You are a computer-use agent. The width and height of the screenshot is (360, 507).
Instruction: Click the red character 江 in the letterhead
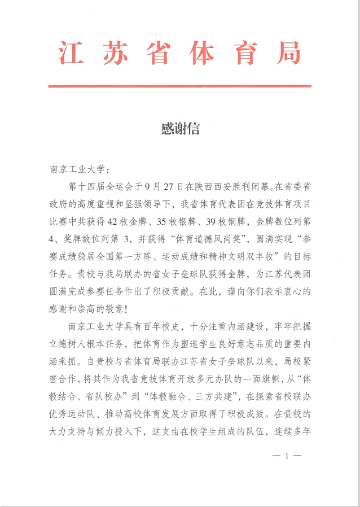tap(71, 54)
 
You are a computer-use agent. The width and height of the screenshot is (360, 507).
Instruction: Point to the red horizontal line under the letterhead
tap(179, 86)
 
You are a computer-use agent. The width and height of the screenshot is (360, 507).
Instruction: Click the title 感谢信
tap(180, 129)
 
